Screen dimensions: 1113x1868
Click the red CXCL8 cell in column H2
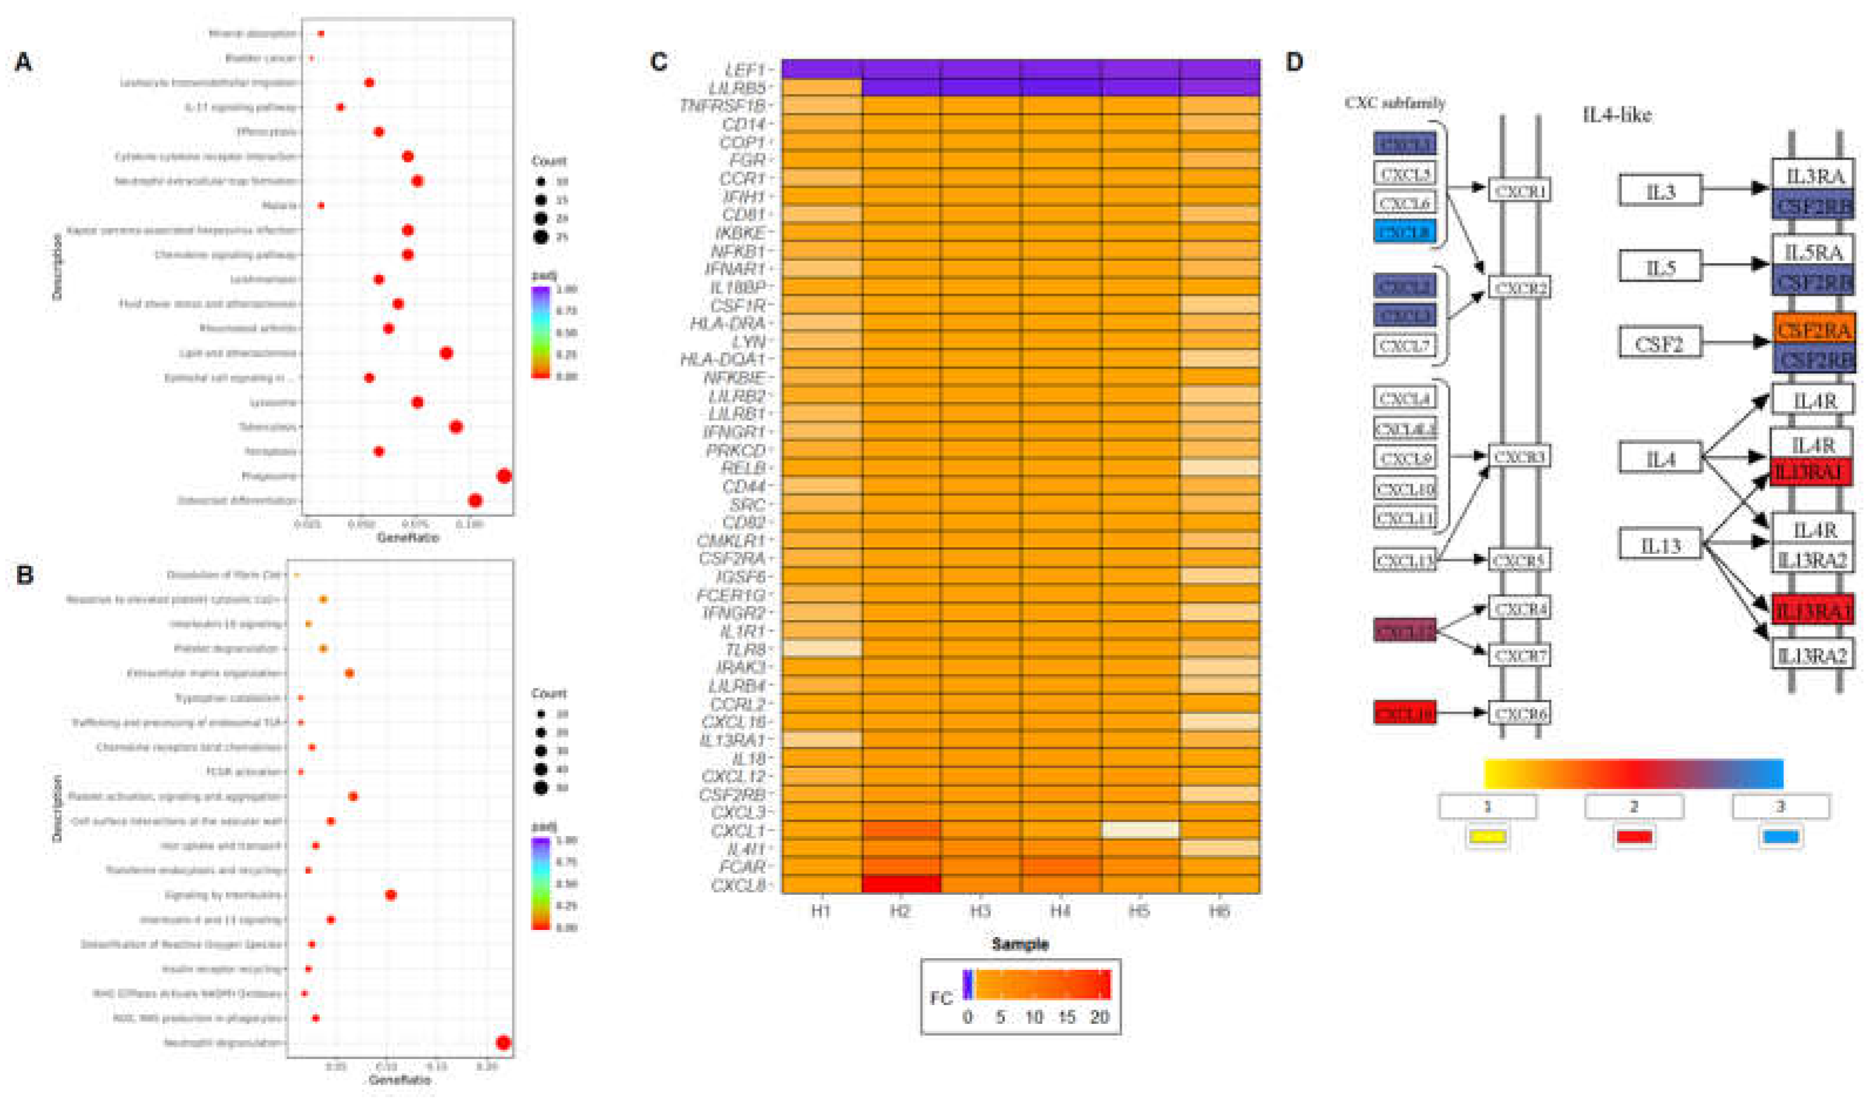pos(901,884)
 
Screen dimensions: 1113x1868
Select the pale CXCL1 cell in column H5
pos(1140,830)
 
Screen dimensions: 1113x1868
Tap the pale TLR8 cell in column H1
pos(822,648)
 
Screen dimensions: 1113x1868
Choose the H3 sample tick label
pos(980,911)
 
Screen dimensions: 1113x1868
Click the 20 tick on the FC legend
pos(1099,1018)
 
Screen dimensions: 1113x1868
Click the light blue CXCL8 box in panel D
pos(1404,232)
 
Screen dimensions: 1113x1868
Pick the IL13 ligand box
pos(1660,545)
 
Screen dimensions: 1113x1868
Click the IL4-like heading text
pos(1616,115)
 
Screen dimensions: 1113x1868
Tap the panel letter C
pos(658,62)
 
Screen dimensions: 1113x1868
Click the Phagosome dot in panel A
pos(504,476)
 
